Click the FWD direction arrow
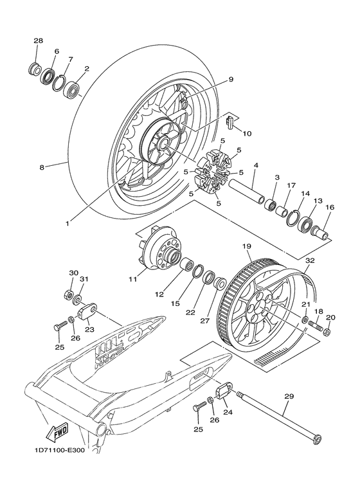point(57,431)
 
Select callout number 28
point(39,41)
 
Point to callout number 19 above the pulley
point(248,246)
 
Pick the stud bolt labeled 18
point(315,326)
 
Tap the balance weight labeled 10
point(231,123)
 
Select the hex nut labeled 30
point(67,294)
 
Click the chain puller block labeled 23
point(86,311)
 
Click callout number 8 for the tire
point(42,167)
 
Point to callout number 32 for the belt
point(310,260)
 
